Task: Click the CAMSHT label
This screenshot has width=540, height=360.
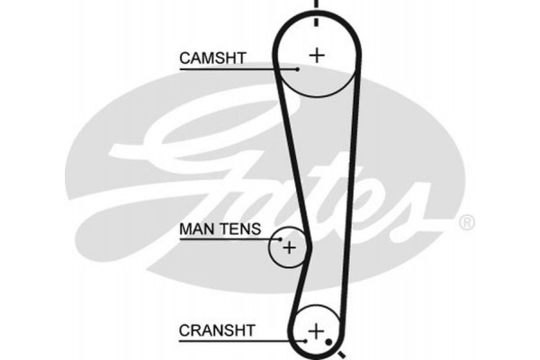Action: (x=212, y=58)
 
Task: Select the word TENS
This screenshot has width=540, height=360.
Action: (x=240, y=230)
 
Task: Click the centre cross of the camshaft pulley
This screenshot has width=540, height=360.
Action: (x=316, y=54)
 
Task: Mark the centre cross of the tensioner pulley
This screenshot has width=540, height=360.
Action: (x=289, y=246)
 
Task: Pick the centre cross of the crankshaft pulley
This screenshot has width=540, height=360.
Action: (x=315, y=333)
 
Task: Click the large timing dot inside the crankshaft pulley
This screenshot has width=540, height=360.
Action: (x=330, y=342)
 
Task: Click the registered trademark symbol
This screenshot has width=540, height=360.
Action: (x=466, y=221)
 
